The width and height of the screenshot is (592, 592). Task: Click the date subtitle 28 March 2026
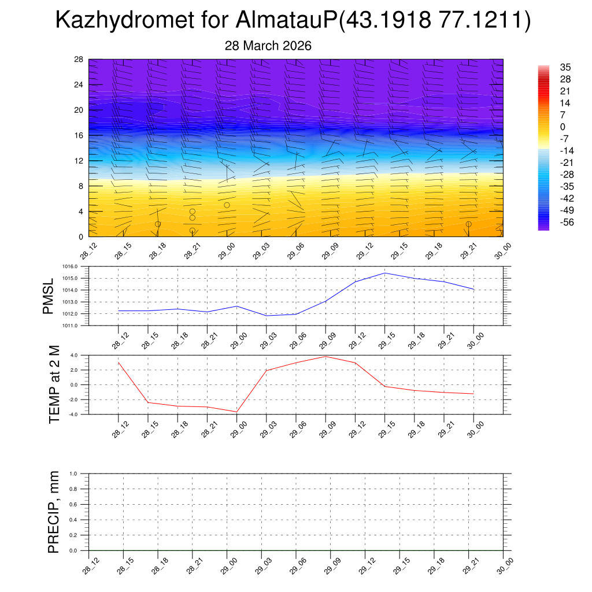pos(268,46)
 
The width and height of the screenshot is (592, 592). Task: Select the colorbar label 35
pos(565,67)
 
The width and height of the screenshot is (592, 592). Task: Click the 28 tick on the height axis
pos(79,60)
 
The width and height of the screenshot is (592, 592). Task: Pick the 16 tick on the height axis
pos(79,135)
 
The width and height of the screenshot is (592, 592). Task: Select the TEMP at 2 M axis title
pos(54,385)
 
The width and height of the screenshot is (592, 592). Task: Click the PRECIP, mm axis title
pos(54,512)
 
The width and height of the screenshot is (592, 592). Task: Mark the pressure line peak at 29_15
pos(384,273)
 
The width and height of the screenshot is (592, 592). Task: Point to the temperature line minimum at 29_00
pos(236,412)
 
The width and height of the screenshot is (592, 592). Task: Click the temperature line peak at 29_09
pos(325,356)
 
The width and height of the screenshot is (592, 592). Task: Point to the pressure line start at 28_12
pos(118,310)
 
